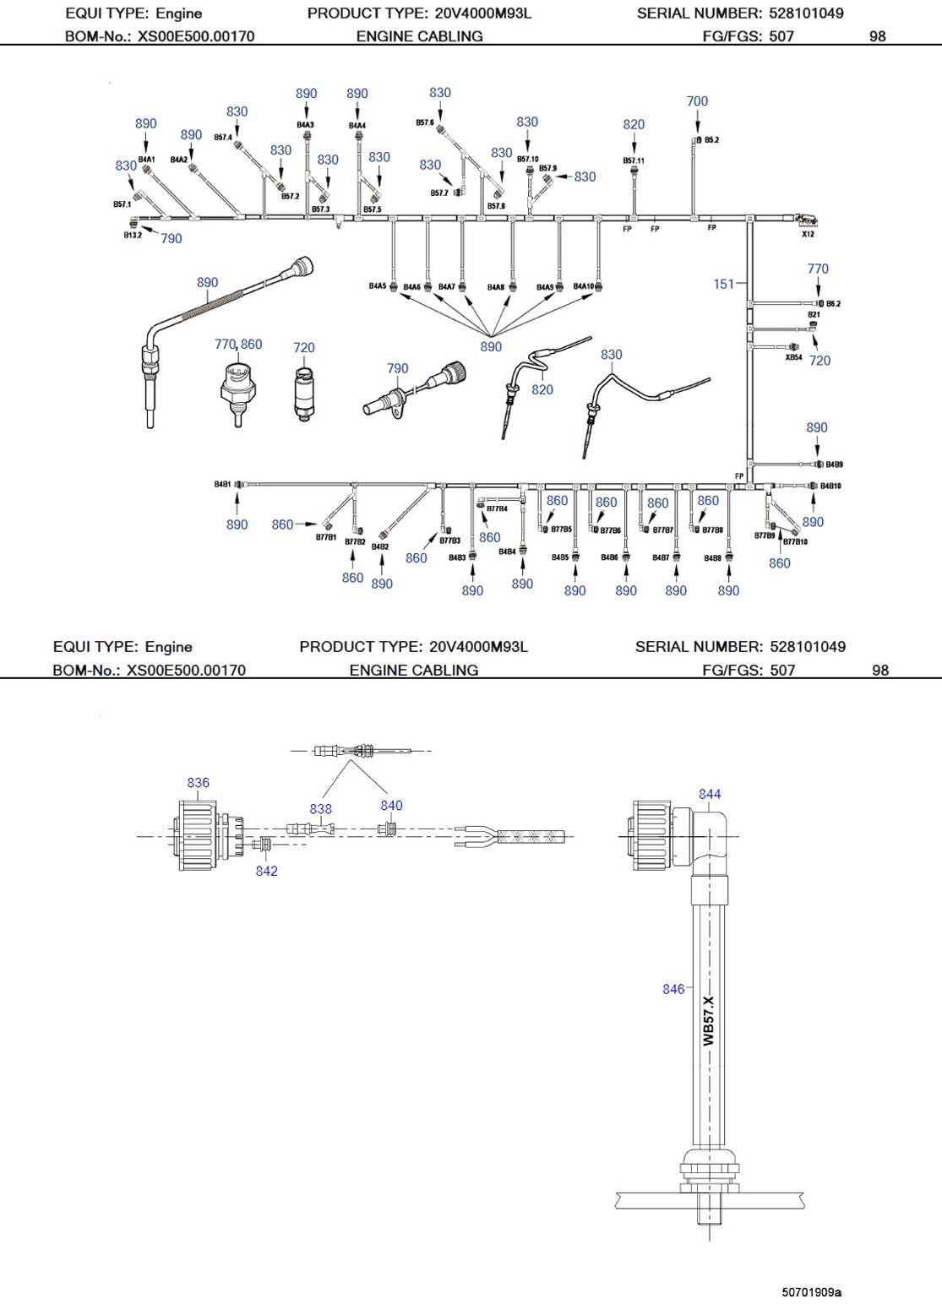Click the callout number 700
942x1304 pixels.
click(x=697, y=101)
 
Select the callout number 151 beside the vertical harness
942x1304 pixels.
click(x=724, y=284)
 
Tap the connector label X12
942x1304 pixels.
click(x=808, y=234)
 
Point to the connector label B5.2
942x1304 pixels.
click(x=711, y=140)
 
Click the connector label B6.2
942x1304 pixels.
click(x=833, y=303)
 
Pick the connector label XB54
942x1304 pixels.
click(x=793, y=357)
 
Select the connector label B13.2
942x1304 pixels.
click(x=133, y=235)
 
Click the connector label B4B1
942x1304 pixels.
click(x=222, y=485)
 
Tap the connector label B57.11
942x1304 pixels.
click(x=634, y=160)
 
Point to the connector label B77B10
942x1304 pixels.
click(x=795, y=541)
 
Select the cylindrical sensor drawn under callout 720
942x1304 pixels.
click(x=304, y=391)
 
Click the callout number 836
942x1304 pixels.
click(x=199, y=783)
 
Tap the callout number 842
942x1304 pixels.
click(x=267, y=871)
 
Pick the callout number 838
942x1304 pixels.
click(x=321, y=809)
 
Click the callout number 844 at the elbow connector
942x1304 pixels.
click(x=710, y=794)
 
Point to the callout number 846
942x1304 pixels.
click(x=673, y=989)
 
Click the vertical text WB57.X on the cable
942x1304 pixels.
click(x=709, y=1020)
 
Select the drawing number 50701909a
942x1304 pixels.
click(x=811, y=1292)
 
